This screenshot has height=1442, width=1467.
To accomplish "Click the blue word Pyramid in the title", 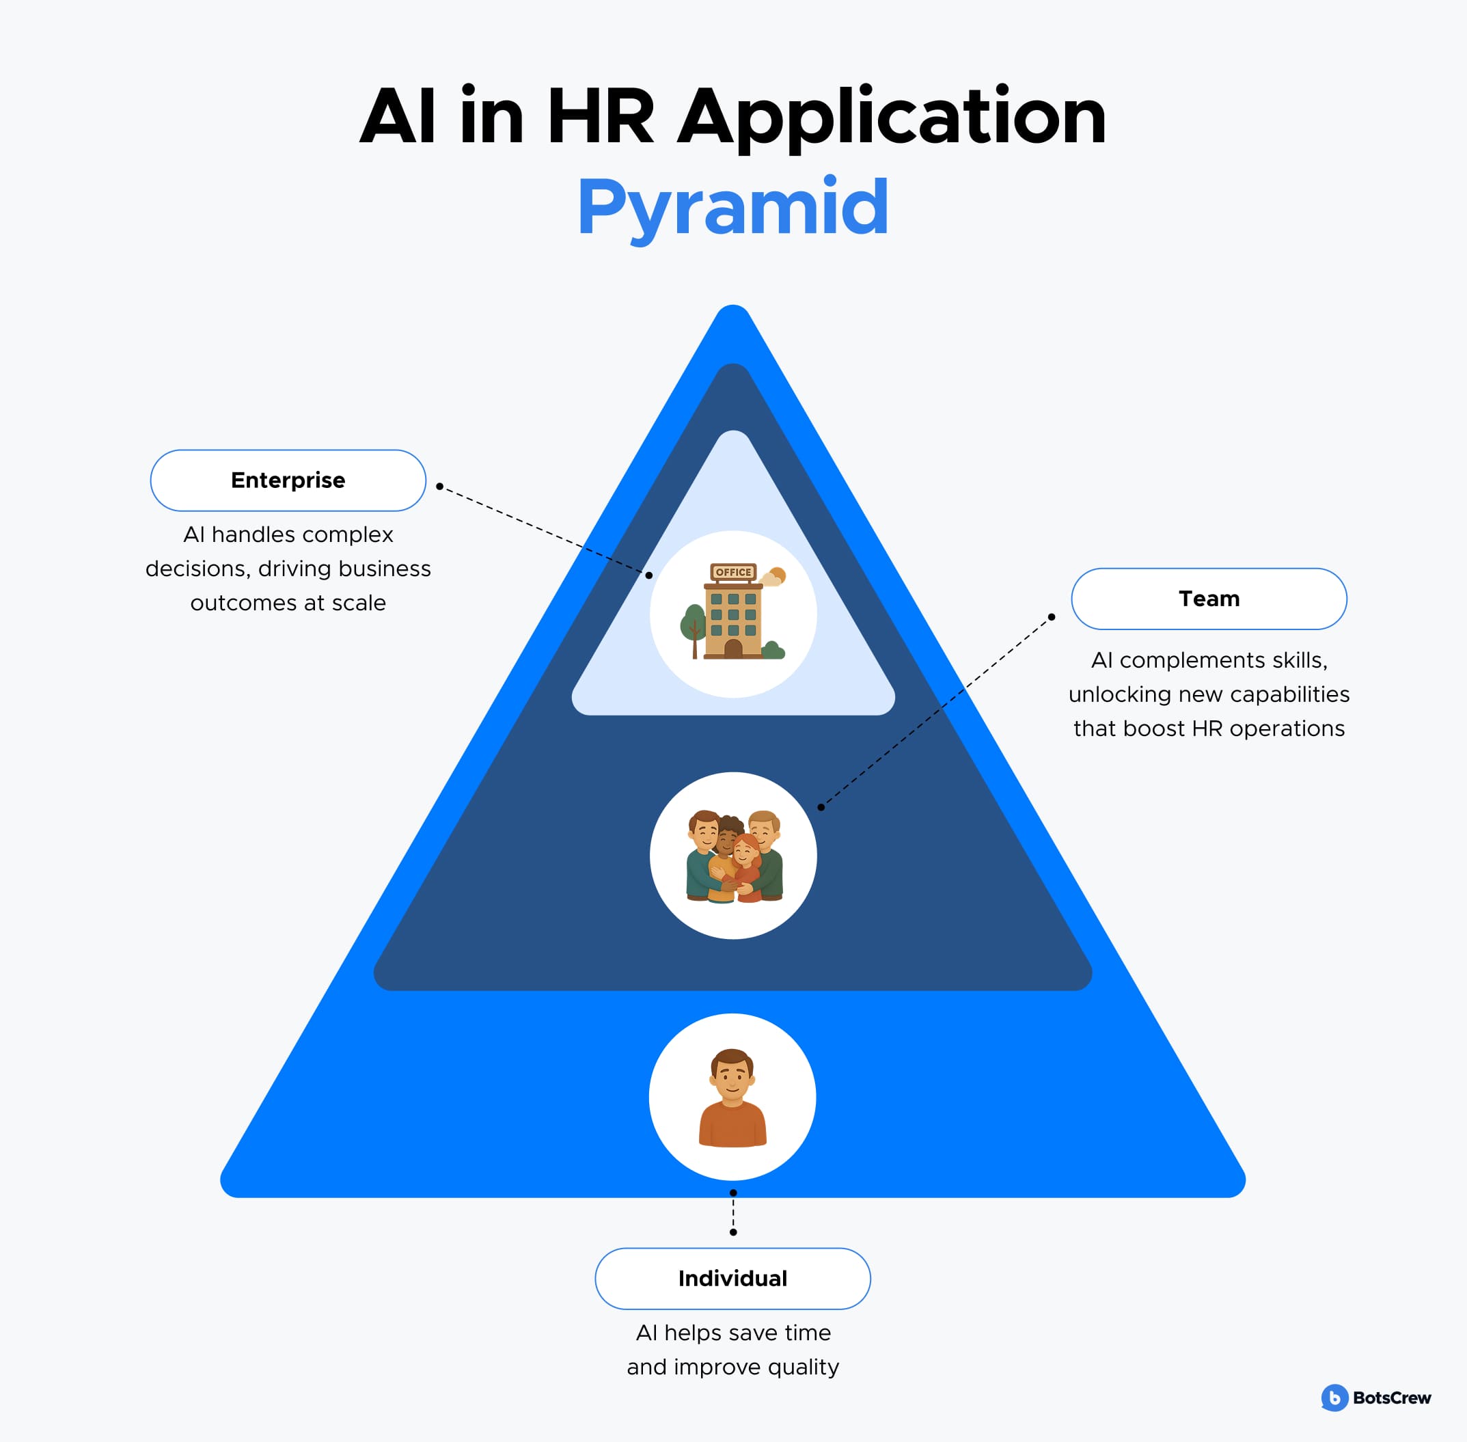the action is pyautogui.click(x=732, y=208).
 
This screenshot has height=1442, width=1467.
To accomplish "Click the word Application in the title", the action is pyautogui.click(x=892, y=118).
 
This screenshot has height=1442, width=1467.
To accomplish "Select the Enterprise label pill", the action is pyautogui.click(x=288, y=480).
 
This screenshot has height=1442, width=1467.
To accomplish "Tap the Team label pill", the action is pyautogui.click(x=1209, y=598).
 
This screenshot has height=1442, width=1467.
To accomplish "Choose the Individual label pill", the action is pyautogui.click(x=732, y=1279).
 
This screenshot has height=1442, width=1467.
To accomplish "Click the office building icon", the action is pyautogui.click(x=732, y=612).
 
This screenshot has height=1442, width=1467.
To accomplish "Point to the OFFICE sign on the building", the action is pyautogui.click(x=733, y=572).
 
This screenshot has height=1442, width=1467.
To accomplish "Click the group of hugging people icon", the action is pyautogui.click(x=733, y=856).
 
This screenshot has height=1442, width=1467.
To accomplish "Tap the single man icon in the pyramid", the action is pyautogui.click(x=732, y=1098).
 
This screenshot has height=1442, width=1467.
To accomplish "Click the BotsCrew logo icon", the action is pyautogui.click(x=1334, y=1398).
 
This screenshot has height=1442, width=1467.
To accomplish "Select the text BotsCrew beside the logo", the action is pyautogui.click(x=1391, y=1398).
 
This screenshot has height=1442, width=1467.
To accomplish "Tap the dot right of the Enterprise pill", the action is pyautogui.click(x=439, y=486).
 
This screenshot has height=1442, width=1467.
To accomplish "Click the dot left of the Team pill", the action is pyautogui.click(x=1051, y=617).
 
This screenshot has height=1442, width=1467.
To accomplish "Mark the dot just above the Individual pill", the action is pyautogui.click(x=733, y=1232).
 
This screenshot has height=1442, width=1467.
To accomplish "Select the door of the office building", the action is pyautogui.click(x=733, y=649).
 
